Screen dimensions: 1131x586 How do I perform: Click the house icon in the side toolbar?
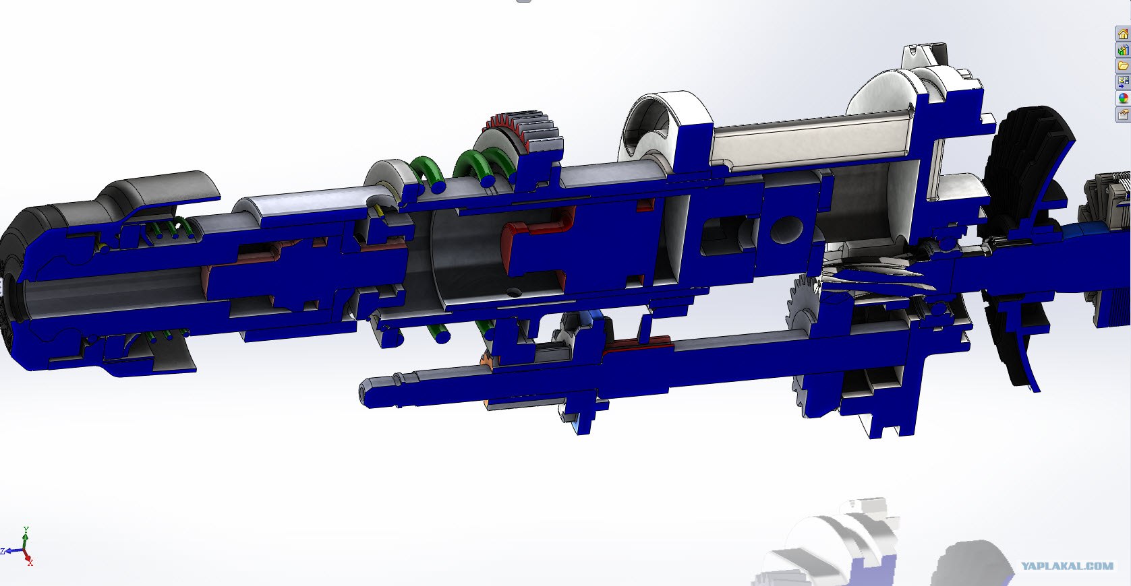coord(1123,34)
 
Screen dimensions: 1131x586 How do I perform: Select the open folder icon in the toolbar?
coord(1123,66)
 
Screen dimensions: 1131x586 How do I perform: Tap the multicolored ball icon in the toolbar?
coord(1123,98)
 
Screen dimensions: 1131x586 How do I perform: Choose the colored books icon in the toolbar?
coord(1123,50)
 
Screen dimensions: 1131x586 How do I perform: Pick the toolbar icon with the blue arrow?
coord(1123,82)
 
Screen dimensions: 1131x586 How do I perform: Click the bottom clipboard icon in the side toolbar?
coord(1123,115)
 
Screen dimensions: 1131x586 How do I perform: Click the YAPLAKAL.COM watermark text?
coord(1068,566)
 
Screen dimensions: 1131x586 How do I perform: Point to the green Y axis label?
coord(26,529)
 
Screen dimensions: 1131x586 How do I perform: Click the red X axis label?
coord(30,563)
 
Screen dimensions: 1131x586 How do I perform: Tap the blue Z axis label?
coord(3,551)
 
